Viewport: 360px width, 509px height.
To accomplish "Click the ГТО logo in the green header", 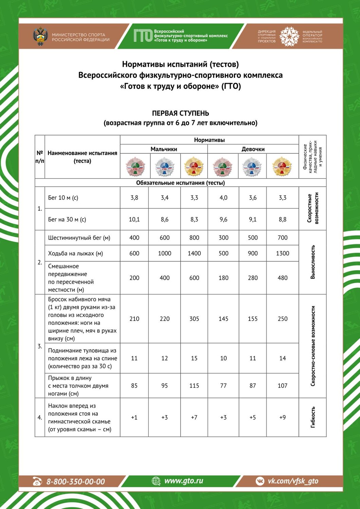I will pyautogui.click(x=143, y=35).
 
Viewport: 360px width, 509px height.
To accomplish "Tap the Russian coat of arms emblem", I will pyautogui.click(x=40, y=36).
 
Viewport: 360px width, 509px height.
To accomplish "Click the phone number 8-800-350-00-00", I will pyautogui.click(x=75, y=481).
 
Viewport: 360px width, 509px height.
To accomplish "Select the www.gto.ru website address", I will pyautogui.click(x=183, y=481).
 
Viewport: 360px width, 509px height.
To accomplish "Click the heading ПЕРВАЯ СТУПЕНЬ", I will pyautogui.click(x=180, y=113).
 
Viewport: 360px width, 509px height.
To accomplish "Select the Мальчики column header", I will pyautogui.click(x=164, y=149).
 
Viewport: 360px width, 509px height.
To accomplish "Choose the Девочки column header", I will pyautogui.click(x=253, y=149).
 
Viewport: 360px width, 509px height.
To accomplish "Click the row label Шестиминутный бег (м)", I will pyautogui.click(x=79, y=238).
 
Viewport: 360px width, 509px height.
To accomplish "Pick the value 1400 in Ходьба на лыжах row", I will pyautogui.click(x=194, y=253).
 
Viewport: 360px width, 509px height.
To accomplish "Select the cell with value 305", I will pyautogui.click(x=194, y=319).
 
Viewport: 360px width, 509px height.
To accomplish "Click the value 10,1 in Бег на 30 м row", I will pyautogui.click(x=134, y=220).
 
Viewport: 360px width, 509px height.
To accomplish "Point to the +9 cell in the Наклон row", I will pyautogui.click(x=283, y=417).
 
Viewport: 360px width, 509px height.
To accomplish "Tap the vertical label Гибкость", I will pyautogui.click(x=313, y=417).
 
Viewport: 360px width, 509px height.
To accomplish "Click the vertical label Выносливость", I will pyautogui.click(x=313, y=262).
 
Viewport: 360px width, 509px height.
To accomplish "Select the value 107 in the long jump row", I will pyautogui.click(x=283, y=386).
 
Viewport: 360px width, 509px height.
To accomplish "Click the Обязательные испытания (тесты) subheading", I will pyautogui.click(x=180, y=183).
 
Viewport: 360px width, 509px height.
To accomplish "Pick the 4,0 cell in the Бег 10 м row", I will pyautogui.click(x=223, y=198).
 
